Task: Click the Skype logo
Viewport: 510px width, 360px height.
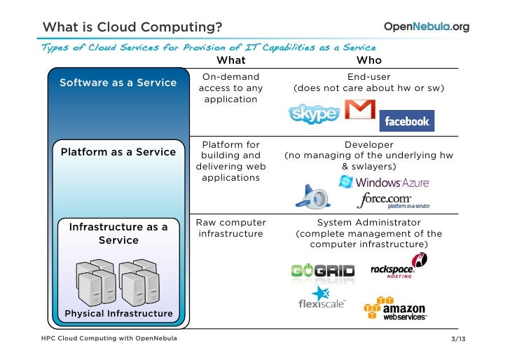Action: point(314,113)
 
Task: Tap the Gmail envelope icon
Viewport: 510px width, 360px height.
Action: point(359,110)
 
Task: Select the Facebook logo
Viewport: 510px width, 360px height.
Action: point(406,120)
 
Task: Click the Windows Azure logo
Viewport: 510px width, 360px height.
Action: point(384,182)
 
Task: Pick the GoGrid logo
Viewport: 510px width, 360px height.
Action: point(322,270)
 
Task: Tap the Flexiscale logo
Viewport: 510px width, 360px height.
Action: point(321,298)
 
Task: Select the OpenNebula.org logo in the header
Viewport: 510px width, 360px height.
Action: point(427,27)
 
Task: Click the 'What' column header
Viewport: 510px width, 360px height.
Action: point(230,60)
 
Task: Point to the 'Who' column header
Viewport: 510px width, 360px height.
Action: point(369,60)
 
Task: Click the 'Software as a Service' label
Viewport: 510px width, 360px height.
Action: point(118,83)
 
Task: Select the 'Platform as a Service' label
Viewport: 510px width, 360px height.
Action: point(118,152)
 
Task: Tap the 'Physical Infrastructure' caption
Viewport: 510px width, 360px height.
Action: point(118,313)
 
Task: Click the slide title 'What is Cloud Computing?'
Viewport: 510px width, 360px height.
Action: point(132,27)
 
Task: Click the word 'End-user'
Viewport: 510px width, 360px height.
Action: point(368,76)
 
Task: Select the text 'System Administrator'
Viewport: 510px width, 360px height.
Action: point(368,222)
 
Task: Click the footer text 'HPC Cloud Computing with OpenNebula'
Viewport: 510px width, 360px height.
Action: point(109,340)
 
